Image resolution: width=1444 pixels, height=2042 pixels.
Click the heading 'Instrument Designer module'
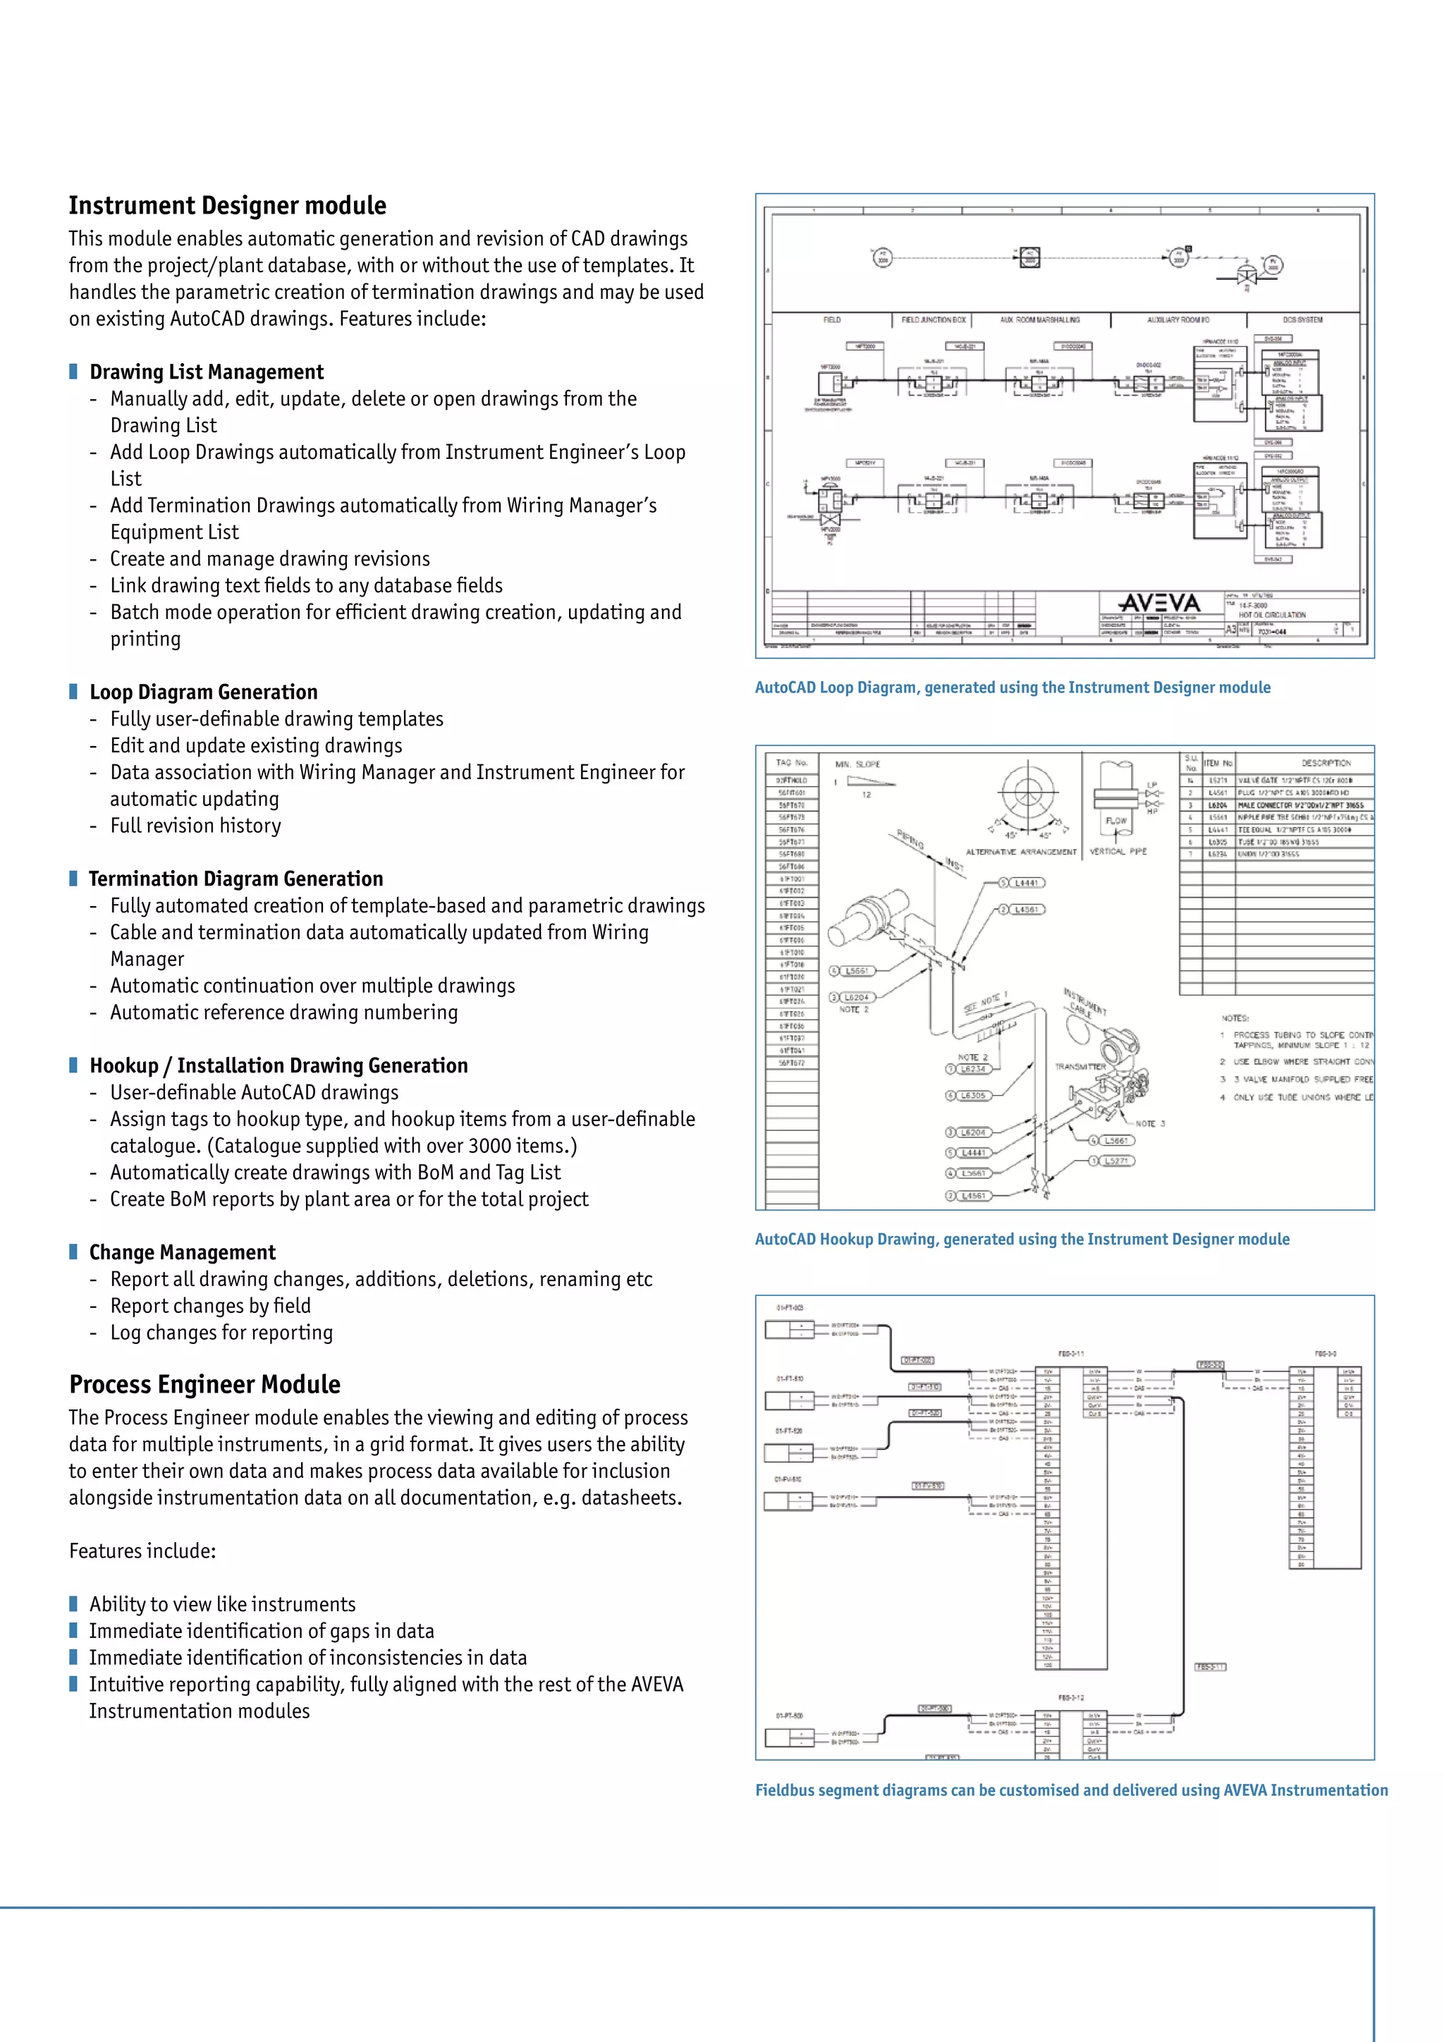(x=228, y=205)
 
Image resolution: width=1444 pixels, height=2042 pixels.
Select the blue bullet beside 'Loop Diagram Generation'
(x=74, y=691)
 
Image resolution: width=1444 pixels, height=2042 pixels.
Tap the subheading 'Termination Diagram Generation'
(x=235, y=879)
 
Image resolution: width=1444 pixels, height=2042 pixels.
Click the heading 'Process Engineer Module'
(x=204, y=1384)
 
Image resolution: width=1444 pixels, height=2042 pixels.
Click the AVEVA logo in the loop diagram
(x=1158, y=603)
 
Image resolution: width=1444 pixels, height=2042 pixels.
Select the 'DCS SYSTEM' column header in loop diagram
(x=1302, y=319)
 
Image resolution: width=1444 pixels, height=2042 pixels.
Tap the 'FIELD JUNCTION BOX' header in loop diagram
(x=933, y=319)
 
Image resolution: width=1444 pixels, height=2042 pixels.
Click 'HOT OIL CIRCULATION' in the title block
(x=1271, y=615)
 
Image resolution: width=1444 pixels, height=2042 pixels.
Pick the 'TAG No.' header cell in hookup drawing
(x=791, y=762)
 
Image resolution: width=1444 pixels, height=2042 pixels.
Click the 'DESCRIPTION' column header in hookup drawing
(x=1326, y=762)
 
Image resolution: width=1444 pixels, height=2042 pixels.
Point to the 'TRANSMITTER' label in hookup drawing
(x=1079, y=1066)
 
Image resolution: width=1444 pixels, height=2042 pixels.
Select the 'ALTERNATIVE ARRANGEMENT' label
(x=1021, y=852)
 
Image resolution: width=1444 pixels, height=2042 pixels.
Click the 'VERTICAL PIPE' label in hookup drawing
(x=1118, y=851)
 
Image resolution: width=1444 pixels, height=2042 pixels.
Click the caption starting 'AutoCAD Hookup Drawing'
(x=1022, y=1239)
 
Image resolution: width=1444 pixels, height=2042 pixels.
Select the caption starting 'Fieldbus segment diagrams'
(x=1070, y=1790)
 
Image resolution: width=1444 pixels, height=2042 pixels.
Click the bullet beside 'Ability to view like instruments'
(x=74, y=1603)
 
